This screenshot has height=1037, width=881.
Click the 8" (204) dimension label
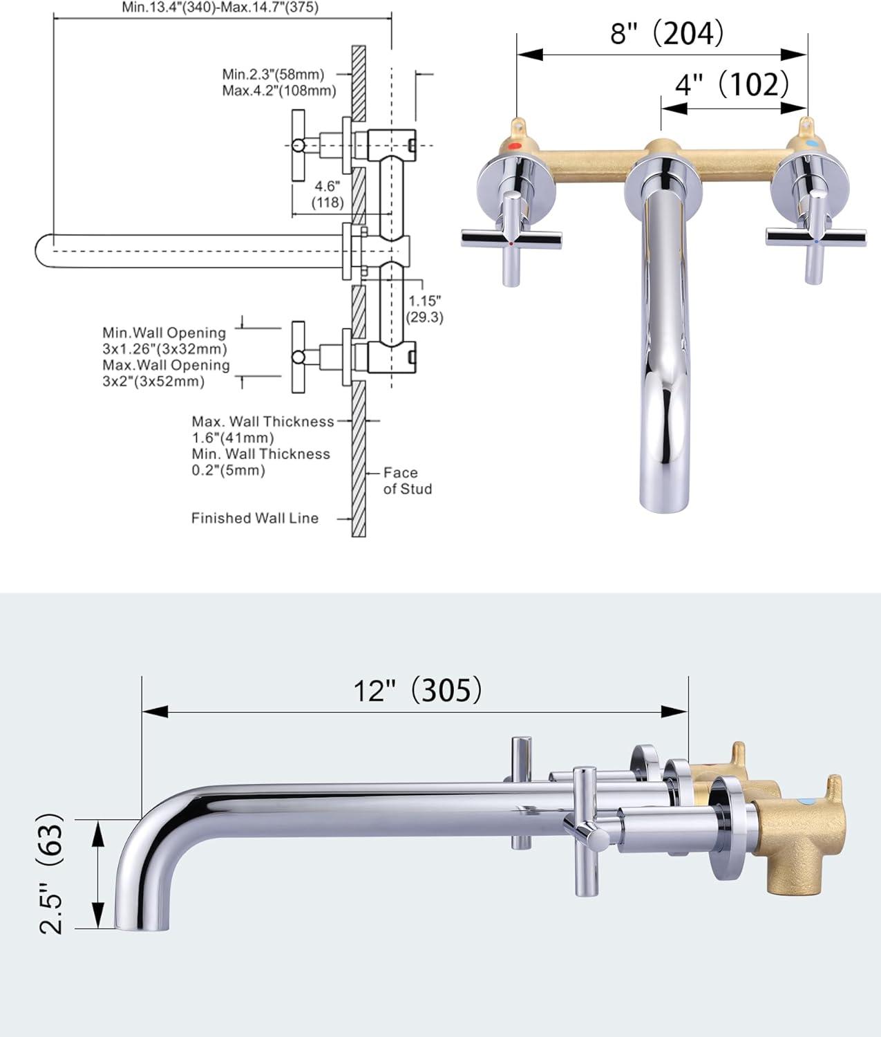(x=666, y=32)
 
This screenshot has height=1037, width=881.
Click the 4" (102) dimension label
(x=731, y=84)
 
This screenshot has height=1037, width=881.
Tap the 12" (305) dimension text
(x=417, y=690)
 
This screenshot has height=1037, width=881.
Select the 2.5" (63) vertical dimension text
(x=53, y=874)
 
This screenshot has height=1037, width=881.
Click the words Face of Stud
(x=407, y=480)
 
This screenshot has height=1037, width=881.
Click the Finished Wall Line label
(x=255, y=518)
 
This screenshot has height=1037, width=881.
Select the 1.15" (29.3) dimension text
(x=424, y=309)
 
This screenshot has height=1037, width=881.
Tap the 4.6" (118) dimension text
(x=328, y=194)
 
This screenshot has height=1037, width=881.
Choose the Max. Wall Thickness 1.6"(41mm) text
(x=263, y=429)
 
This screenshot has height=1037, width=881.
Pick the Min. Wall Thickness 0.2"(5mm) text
(x=260, y=462)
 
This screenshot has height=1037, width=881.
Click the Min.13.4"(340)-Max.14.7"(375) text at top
(x=220, y=8)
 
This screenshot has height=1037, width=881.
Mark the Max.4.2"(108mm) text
(x=279, y=91)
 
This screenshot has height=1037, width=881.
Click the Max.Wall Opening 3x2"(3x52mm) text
(x=166, y=373)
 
